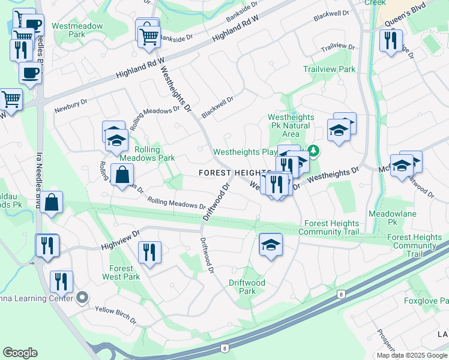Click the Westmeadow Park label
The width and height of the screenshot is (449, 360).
coord(77,31)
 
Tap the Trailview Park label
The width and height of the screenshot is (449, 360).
coord(329,69)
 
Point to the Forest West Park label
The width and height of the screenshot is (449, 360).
coord(125,272)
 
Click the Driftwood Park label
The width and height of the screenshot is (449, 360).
coord(247,287)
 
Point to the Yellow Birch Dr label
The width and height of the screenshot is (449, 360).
coord(116,314)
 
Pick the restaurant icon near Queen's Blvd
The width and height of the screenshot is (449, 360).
coord(391,41)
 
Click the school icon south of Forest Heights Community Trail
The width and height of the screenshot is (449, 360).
coord(271,245)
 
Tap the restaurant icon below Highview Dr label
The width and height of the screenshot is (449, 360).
coord(149,253)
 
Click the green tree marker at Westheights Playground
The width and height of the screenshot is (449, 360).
coord(313,150)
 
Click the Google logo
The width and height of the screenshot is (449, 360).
coord(20,353)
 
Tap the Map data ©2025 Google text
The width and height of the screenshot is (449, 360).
coord(411,355)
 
